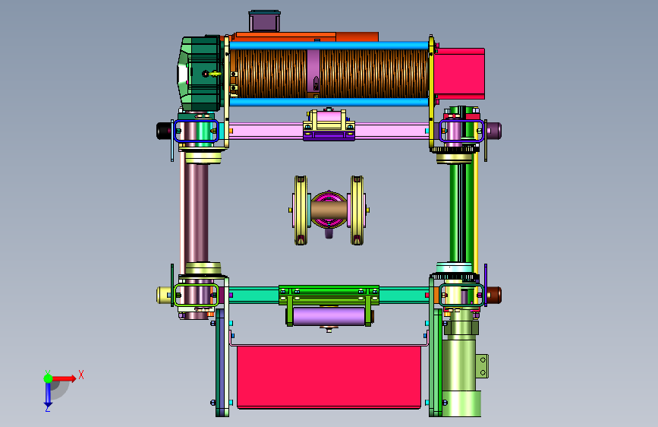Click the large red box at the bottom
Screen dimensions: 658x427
pyautogui.click(x=329, y=377)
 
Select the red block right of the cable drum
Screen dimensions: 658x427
pyautogui.click(x=459, y=74)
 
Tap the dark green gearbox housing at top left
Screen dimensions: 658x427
pyautogui.click(x=200, y=74)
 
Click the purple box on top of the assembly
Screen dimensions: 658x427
pyautogui.click(x=264, y=21)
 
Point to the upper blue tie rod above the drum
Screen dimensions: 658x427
pyautogui.click(x=329, y=45)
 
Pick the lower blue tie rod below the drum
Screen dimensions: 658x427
pyautogui.click(x=329, y=102)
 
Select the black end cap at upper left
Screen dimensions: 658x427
pyautogui.click(x=164, y=131)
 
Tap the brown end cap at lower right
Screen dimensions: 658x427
pyautogui.click(x=494, y=295)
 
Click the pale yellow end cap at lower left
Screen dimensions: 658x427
pyautogui.click(x=164, y=295)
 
